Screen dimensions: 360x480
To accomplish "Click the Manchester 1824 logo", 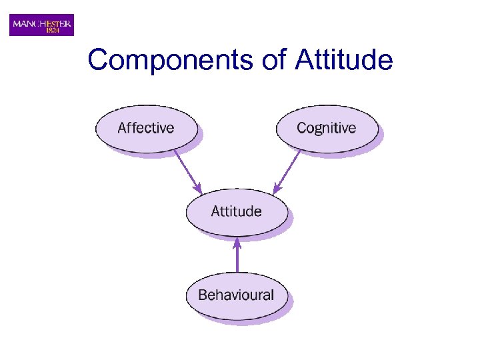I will coord(41,25).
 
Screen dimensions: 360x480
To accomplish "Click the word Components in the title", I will coord(170,60).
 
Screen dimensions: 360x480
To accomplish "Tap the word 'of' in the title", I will coord(273,60).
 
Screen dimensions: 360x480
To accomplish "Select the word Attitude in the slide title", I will coord(344,60).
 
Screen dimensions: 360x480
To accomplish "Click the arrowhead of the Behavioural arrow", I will coord(237,243).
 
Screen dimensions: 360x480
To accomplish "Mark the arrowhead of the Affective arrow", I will coord(198,189).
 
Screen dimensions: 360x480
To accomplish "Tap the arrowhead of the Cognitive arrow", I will coord(276,189).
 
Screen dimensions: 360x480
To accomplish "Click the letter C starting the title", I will coord(97,60).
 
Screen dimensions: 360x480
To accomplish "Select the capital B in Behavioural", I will coord(202,295).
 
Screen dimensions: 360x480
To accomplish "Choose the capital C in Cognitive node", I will coord(301,127).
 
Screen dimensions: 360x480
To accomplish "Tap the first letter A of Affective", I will coord(122,127).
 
